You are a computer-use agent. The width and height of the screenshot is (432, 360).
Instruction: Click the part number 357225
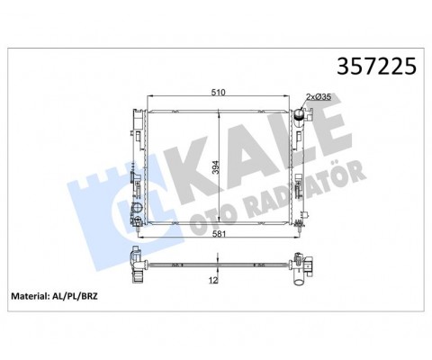[x=376, y=66]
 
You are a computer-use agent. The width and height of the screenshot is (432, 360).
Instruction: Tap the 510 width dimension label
[x=218, y=92]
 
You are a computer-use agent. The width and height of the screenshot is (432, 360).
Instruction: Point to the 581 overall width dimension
[x=219, y=234]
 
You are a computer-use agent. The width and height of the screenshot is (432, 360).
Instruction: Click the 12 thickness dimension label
[x=213, y=280]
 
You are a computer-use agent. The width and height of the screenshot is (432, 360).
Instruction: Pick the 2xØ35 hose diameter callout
[x=319, y=96]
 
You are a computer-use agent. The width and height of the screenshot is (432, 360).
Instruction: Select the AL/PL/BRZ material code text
[x=75, y=296]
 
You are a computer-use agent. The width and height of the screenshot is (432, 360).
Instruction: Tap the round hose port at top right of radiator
[x=300, y=114]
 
